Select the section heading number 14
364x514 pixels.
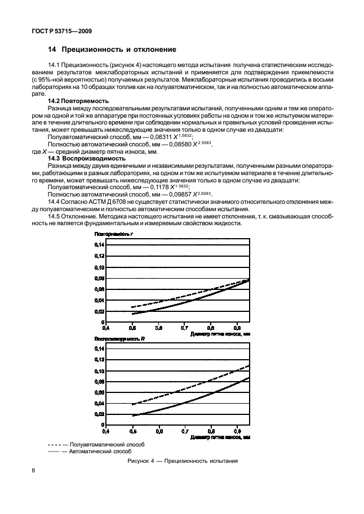[52, 50]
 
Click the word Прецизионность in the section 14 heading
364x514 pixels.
[93, 50]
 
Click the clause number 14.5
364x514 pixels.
[55, 216]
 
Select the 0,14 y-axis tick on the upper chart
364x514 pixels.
[99, 245]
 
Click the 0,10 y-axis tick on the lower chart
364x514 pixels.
[99, 371]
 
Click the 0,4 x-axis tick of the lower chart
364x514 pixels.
[105, 431]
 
